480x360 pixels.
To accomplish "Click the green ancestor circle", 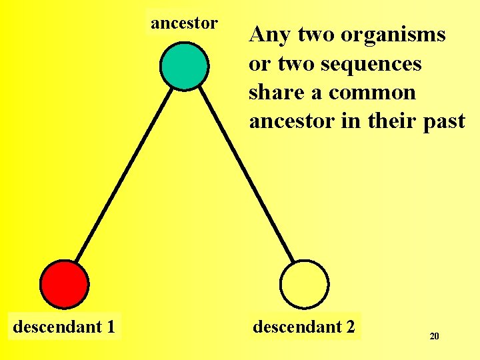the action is click(185, 65).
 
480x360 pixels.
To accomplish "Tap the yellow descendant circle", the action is click(304, 284).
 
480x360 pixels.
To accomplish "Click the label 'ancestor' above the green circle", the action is click(184, 23).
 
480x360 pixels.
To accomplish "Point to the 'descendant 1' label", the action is click(64, 327).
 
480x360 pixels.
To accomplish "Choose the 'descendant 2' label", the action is click(304, 327).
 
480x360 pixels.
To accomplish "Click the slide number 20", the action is click(434, 337).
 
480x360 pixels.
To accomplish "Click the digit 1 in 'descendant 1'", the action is click(109, 327).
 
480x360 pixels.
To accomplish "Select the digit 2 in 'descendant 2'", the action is click(349, 327).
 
